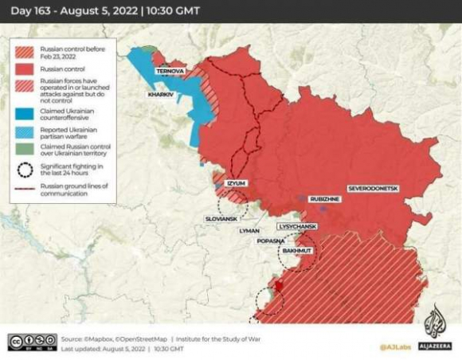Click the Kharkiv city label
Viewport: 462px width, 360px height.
pos(160,95)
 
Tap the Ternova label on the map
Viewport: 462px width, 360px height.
pos(170,71)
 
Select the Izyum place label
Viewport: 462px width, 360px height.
pos(236,183)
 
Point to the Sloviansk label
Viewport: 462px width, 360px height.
pos(221,217)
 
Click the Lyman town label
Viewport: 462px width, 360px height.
pos(249,230)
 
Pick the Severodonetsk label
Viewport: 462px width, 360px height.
pos(372,188)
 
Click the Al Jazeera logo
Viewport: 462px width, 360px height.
pos(434,330)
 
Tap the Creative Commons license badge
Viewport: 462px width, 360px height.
pos(32,342)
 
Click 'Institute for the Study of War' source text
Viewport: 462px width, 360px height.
pos(222,338)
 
